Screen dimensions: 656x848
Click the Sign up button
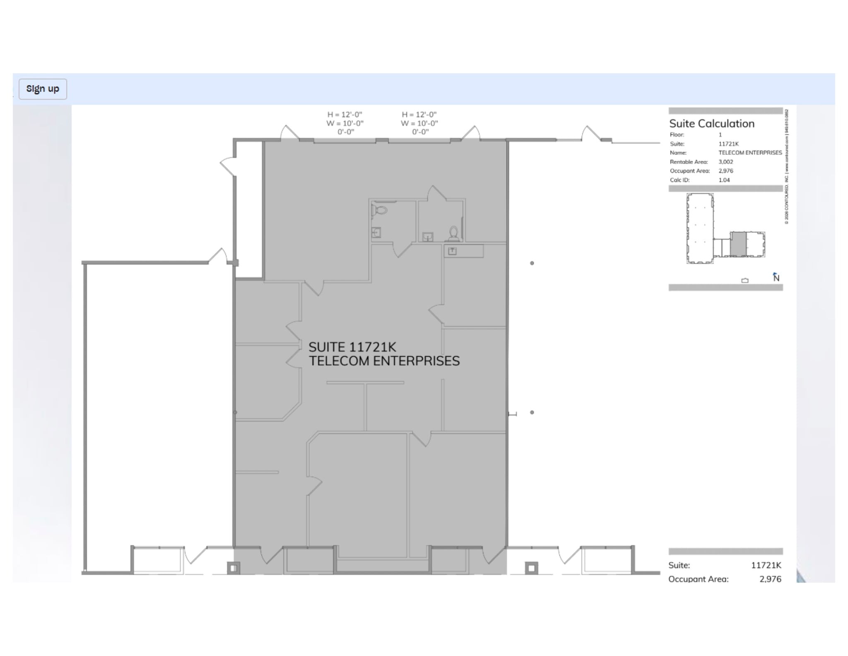pyautogui.click(x=43, y=89)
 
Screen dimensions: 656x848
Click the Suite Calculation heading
pyautogui.click(x=712, y=123)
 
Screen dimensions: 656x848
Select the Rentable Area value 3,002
pyautogui.click(x=726, y=162)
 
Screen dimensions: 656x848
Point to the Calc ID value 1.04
pyautogui.click(x=724, y=180)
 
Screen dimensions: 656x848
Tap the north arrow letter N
pyautogui.click(x=776, y=278)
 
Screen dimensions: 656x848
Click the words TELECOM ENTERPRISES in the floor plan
pyautogui.click(x=384, y=361)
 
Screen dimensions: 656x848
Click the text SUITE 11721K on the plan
pyautogui.click(x=352, y=347)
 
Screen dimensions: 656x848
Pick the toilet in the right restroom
pyautogui.click(x=453, y=234)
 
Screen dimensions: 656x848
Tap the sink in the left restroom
pyautogui.click(x=376, y=232)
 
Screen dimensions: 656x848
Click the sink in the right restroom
pyautogui.click(x=428, y=237)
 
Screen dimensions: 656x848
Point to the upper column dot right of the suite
pyautogui.click(x=532, y=263)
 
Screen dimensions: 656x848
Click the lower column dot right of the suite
pyautogui.click(x=532, y=412)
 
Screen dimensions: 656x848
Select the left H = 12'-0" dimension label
pyautogui.click(x=344, y=115)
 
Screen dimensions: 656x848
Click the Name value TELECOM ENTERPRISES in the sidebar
pyautogui.click(x=750, y=153)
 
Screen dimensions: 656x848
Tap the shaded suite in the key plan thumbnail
pyautogui.click(x=738, y=244)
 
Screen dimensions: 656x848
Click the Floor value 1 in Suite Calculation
pyautogui.click(x=720, y=135)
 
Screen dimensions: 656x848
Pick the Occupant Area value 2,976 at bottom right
pyautogui.click(x=770, y=579)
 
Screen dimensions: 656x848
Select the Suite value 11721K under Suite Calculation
pyautogui.click(x=728, y=144)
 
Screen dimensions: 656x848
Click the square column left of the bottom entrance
pyautogui.click(x=234, y=568)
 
